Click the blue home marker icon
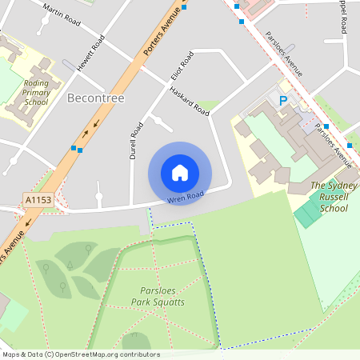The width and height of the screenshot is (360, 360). point(180,173)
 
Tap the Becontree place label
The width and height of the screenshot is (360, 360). point(96,98)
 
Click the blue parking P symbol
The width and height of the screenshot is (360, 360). point(282,101)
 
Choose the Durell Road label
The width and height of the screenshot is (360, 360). point(136,141)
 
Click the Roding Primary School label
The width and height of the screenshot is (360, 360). point(37,92)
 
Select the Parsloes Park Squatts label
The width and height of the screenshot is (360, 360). point(158,296)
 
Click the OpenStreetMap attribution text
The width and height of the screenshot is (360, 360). point(80,354)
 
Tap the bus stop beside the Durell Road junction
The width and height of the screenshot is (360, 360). point(77,149)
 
